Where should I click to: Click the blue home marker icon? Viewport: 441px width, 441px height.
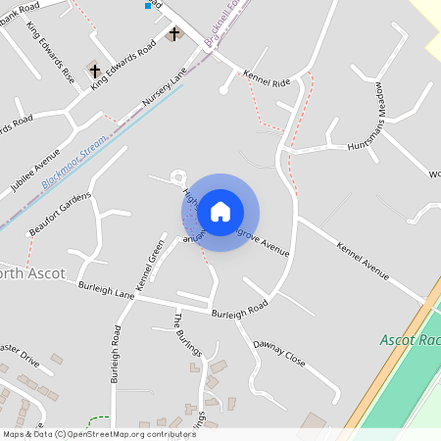220,212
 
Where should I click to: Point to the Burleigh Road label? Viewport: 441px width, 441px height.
240,311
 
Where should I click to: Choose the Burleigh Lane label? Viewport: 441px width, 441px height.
103,291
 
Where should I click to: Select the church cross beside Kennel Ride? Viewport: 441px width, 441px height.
175,34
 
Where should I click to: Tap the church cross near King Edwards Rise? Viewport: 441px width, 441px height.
95,71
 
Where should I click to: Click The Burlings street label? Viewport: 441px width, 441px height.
187,336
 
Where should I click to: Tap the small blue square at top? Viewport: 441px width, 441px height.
148,5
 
